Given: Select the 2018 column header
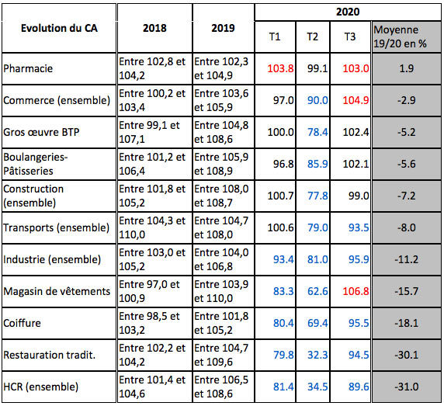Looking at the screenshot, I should click(x=154, y=28).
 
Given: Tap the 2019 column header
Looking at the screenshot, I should click(x=224, y=28).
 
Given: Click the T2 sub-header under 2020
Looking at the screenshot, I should click(x=313, y=36).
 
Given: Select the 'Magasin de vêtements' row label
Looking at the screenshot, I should click(x=56, y=291).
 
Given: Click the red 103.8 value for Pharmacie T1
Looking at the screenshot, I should click(x=280, y=68).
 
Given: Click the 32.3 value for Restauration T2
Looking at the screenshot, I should click(x=316, y=355).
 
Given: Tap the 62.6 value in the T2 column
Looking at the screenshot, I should click(x=316, y=291).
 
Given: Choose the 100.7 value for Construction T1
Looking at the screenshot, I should click(x=280, y=196).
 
